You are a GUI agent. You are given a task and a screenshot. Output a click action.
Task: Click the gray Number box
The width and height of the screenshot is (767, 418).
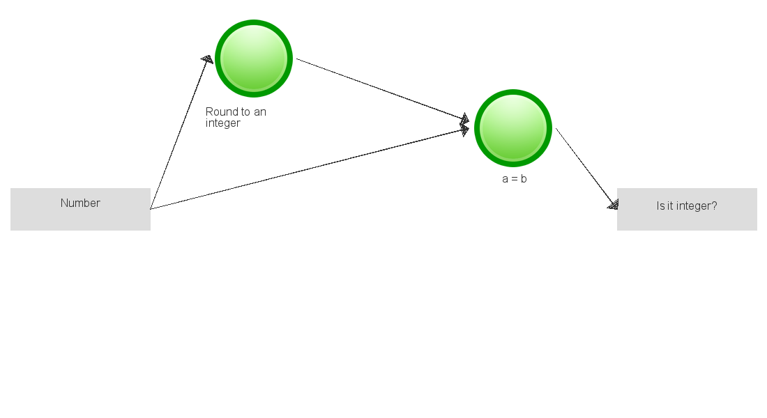(x=80, y=216)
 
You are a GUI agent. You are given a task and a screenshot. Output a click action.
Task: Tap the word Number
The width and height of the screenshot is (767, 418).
(x=80, y=203)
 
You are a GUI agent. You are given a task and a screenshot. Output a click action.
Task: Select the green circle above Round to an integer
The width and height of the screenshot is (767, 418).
(x=253, y=59)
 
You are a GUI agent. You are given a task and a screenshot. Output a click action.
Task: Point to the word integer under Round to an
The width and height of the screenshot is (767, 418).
(x=222, y=123)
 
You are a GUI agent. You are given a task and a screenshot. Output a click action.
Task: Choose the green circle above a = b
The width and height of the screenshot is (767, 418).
(x=513, y=128)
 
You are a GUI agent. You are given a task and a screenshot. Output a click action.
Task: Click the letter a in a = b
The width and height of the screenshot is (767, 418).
(x=505, y=179)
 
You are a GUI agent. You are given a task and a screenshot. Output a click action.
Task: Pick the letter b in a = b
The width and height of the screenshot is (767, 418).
(x=523, y=179)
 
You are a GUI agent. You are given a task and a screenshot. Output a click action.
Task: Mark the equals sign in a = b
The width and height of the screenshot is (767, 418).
(x=514, y=179)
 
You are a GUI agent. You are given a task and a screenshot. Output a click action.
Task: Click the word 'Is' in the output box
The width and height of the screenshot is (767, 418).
(x=660, y=206)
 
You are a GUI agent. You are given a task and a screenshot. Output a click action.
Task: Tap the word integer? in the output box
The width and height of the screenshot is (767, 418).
(x=697, y=206)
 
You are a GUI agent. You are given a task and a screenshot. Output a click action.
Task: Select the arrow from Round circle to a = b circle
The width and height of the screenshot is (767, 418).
(x=380, y=88)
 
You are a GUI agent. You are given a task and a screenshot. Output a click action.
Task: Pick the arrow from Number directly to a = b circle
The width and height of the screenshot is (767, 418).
(x=307, y=169)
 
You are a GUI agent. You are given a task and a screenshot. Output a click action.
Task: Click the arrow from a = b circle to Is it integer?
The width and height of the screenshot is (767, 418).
(x=586, y=167)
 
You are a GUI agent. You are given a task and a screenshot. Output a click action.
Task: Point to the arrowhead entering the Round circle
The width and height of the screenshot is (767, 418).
(x=206, y=60)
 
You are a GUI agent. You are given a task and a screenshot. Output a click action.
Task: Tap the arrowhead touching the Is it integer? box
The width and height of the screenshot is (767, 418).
(x=613, y=204)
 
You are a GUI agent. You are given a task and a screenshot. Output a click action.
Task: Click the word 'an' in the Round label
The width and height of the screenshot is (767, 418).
(x=259, y=112)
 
